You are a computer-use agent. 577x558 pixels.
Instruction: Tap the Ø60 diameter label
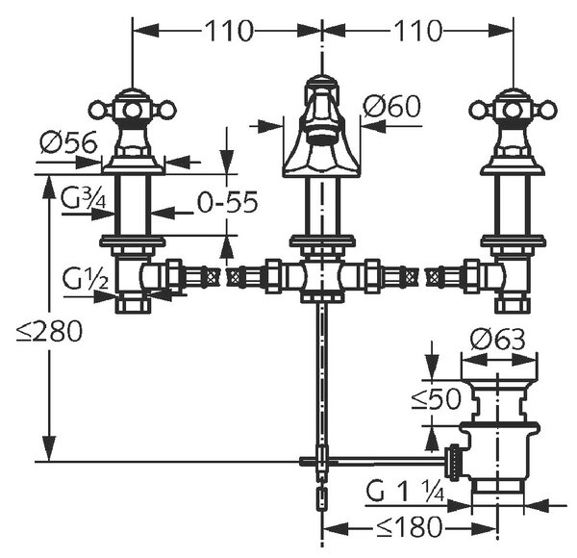pos(391,106)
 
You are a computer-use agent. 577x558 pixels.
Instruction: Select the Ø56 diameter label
pos(69,142)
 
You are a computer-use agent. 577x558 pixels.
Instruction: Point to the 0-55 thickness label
pos(227,202)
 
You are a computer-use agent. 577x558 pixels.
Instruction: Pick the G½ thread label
pos(86,278)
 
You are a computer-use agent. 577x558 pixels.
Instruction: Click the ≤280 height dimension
pos(49,331)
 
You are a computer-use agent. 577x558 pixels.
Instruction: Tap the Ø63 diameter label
pos(497,340)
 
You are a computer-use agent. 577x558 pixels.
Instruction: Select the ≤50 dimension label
pos(436,398)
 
